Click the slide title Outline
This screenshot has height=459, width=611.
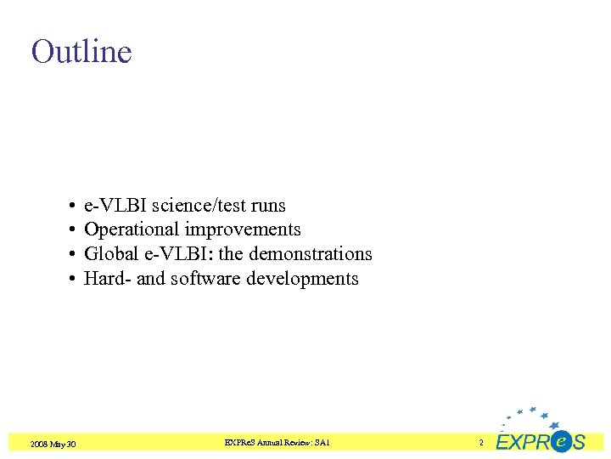point(81,52)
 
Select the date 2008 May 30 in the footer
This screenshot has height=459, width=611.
point(53,444)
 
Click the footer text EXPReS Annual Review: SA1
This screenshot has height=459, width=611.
point(277,443)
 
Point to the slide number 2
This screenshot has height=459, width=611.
point(481,443)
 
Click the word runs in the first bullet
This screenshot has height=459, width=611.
point(269,206)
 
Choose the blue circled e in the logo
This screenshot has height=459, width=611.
point(560,441)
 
